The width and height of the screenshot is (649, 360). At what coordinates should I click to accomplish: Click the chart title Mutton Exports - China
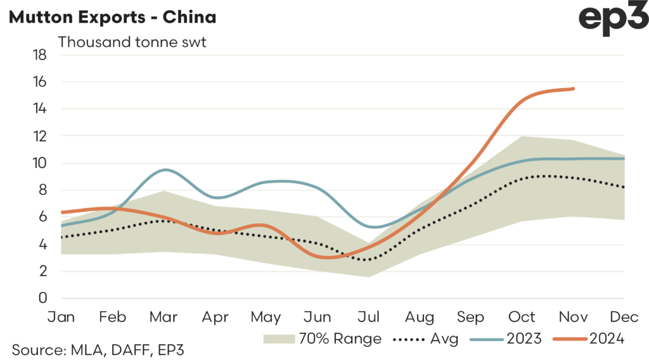112,17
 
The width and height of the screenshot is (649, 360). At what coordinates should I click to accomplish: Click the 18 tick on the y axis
40,55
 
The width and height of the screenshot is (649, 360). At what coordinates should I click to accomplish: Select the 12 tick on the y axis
40,136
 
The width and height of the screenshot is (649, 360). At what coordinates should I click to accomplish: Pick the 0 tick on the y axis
43,299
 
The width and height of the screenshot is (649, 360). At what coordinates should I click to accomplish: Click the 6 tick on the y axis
43,217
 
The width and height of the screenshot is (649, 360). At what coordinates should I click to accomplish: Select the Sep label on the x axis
471,316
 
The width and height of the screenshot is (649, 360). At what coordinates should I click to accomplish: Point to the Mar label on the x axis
164,316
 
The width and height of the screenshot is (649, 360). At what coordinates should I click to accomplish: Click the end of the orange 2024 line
574,89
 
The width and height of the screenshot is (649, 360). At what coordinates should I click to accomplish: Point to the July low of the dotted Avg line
366,259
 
